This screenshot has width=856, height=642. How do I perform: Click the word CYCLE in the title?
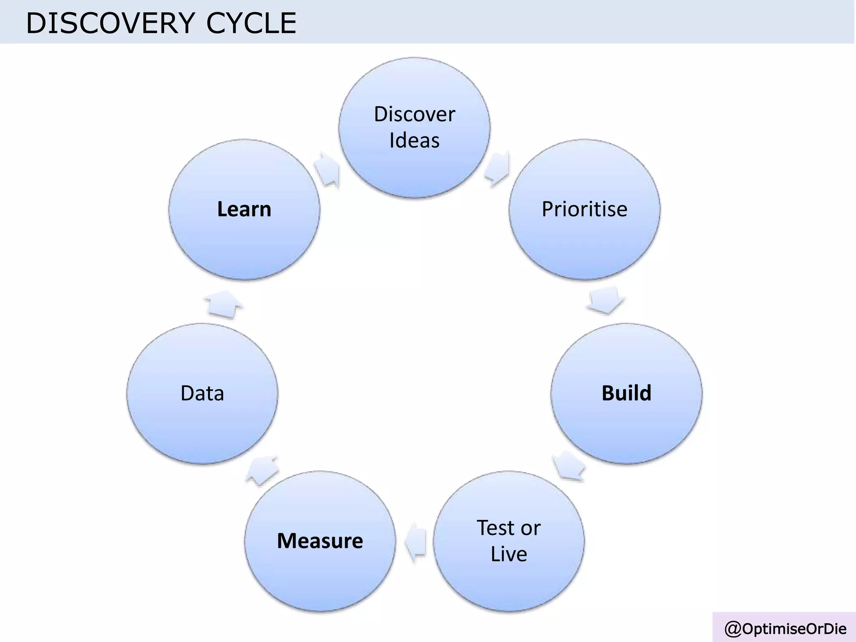tap(251, 23)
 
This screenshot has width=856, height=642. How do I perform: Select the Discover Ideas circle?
tap(414, 127)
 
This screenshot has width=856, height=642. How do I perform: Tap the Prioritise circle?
tap(584, 209)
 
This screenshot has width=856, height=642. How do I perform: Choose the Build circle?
tap(626, 393)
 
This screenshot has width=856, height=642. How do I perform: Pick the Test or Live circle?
tap(509, 541)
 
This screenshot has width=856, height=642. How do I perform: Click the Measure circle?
tap(320, 541)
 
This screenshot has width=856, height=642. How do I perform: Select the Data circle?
tap(202, 393)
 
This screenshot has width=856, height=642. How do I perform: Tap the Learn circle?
tap(244, 209)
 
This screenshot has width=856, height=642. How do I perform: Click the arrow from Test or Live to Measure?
tap(415, 542)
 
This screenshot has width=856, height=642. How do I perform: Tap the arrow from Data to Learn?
tap(224, 303)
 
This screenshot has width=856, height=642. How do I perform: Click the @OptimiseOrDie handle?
tap(785, 629)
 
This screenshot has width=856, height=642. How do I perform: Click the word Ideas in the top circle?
tap(414, 140)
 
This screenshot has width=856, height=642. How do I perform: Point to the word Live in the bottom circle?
tap(509, 554)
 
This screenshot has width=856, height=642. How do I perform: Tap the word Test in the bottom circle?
tap(495, 528)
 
